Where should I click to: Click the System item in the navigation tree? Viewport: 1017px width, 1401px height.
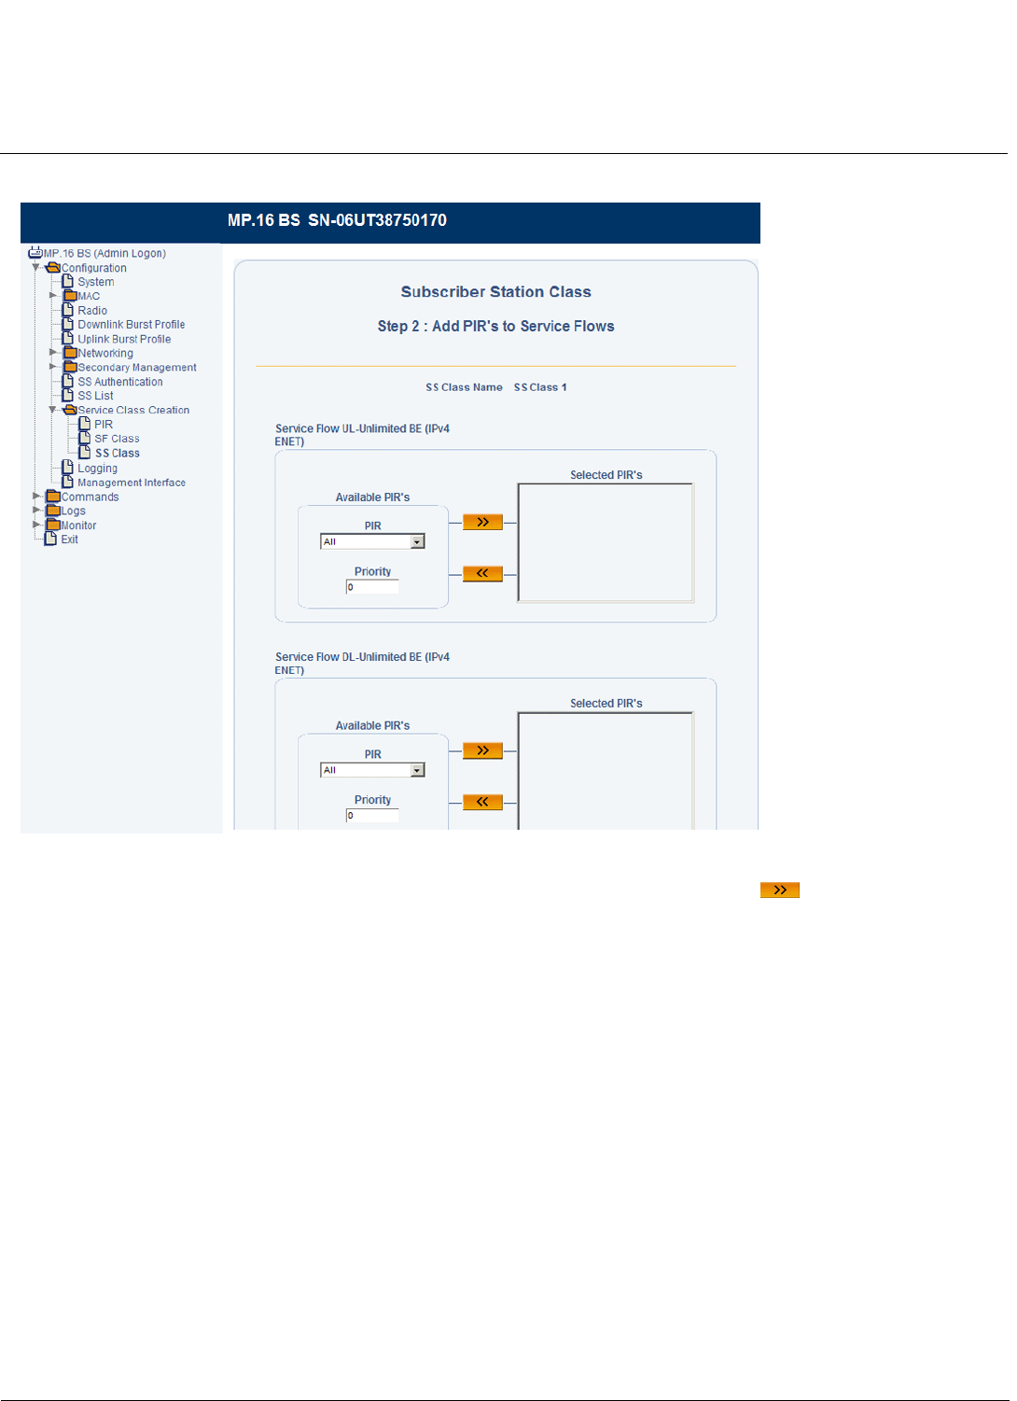(x=95, y=282)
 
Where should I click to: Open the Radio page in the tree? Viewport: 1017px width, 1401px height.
(x=91, y=311)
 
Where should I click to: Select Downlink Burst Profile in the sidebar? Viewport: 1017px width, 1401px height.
(x=131, y=325)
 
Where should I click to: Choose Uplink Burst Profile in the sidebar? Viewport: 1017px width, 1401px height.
(x=124, y=340)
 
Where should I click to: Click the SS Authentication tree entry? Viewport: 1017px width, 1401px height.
(x=119, y=382)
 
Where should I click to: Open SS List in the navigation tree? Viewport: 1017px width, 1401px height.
(x=95, y=396)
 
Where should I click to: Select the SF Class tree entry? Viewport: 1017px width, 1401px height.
(x=117, y=439)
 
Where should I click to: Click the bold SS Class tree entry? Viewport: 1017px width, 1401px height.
(x=117, y=454)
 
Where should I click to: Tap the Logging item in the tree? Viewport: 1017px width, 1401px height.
(x=97, y=469)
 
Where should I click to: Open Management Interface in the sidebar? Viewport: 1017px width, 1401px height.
(x=131, y=483)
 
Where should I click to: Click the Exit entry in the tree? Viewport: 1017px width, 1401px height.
(x=69, y=539)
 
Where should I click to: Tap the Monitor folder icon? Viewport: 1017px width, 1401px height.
(x=53, y=525)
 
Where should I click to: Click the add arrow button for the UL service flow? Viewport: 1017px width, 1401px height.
(x=482, y=523)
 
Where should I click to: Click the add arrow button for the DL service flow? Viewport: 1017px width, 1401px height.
(x=482, y=751)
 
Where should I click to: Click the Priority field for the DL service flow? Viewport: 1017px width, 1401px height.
(x=372, y=816)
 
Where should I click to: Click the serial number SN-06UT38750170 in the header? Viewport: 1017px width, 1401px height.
(x=377, y=221)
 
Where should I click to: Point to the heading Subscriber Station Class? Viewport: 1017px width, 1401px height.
(x=495, y=292)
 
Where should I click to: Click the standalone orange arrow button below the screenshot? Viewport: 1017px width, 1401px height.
(x=779, y=890)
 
